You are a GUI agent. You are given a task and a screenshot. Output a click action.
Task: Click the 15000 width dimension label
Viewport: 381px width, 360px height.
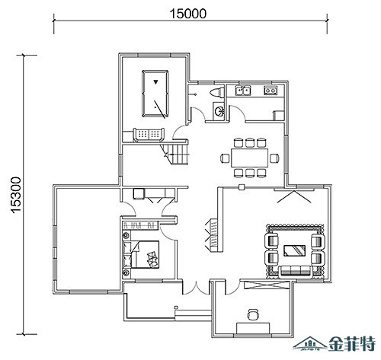(x=187, y=14)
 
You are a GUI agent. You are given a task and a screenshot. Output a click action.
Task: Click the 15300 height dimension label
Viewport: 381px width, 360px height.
(x=17, y=195)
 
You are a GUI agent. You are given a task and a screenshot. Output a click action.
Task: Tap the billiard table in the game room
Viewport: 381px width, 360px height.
(x=155, y=94)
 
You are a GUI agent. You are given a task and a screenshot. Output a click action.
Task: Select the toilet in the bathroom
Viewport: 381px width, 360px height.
(x=217, y=91)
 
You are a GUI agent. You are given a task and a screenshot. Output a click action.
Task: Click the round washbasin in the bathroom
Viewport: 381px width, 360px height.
(x=219, y=110)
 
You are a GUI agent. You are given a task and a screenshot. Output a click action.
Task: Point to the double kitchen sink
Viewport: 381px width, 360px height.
(x=243, y=90)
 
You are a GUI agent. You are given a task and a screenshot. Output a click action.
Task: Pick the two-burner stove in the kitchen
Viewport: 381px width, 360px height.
(x=271, y=91)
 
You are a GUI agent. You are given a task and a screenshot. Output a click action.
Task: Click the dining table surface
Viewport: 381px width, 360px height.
(x=250, y=158)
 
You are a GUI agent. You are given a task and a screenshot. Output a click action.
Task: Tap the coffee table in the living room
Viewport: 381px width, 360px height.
(x=294, y=250)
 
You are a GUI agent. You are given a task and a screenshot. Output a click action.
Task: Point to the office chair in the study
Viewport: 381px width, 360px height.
(x=253, y=314)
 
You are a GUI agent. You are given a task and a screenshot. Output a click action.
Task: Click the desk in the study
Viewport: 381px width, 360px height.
(x=253, y=328)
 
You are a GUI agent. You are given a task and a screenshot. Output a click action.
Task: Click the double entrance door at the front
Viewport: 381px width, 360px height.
(x=196, y=288)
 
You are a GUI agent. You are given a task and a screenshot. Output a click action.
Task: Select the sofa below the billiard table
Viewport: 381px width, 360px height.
(x=149, y=135)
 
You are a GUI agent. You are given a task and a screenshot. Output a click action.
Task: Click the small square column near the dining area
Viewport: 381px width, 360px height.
(x=242, y=187)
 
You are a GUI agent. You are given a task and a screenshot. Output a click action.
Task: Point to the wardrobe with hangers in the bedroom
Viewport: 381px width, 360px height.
(x=141, y=225)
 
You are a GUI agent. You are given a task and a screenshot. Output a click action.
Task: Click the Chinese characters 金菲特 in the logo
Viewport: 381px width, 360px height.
(x=352, y=344)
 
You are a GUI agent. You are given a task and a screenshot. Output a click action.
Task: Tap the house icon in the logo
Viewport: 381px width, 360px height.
(x=309, y=344)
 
